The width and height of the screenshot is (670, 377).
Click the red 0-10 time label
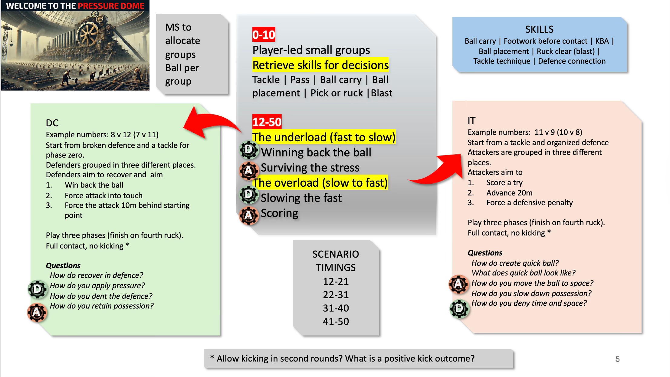[264, 35]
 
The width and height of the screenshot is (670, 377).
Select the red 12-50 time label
[267, 122]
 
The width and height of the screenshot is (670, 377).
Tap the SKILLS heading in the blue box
[539, 29]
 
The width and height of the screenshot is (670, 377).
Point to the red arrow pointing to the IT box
[439, 170]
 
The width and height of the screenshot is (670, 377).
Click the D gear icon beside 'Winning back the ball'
[249, 150]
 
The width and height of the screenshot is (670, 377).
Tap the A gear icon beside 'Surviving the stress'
[248, 171]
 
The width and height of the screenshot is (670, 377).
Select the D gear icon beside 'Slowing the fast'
[249, 194]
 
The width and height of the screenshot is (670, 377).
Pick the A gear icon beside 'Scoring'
[248, 215]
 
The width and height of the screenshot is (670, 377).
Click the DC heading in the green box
[52, 123]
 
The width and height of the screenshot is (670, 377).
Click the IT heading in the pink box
[471, 121]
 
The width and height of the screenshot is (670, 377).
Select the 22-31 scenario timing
[336, 295]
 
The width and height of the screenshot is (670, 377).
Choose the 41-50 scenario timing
[336, 321]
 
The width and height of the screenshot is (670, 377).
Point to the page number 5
[617, 359]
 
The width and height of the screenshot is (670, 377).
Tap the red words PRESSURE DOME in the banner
[111, 6]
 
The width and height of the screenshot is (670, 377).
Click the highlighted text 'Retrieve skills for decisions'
[320, 65]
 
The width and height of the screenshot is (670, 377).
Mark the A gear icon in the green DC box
[37, 312]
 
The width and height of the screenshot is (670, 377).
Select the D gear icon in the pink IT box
[459, 309]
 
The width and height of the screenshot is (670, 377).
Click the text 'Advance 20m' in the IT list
[509, 193]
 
